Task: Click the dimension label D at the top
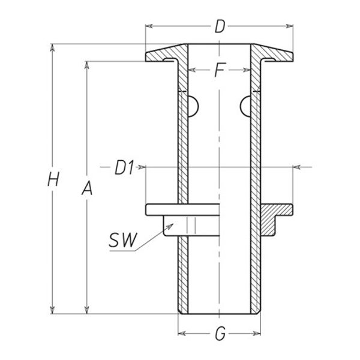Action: pos(220,26)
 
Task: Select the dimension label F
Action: pos(220,71)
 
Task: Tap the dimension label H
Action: pos(55,178)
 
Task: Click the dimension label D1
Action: pos(124,168)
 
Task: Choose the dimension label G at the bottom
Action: pos(220,334)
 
